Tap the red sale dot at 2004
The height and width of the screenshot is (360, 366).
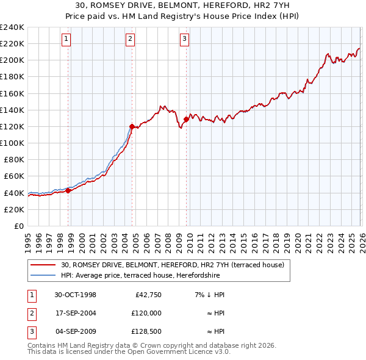click(132, 126)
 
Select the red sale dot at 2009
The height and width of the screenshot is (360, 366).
click(185, 120)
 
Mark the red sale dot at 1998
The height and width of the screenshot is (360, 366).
click(68, 190)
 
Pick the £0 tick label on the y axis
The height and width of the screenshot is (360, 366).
click(18, 226)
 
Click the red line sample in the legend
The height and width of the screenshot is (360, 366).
click(43, 265)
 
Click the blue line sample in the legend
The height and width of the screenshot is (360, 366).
click(43, 275)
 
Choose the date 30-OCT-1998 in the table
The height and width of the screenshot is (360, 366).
click(75, 295)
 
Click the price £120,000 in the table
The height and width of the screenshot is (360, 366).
click(146, 313)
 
